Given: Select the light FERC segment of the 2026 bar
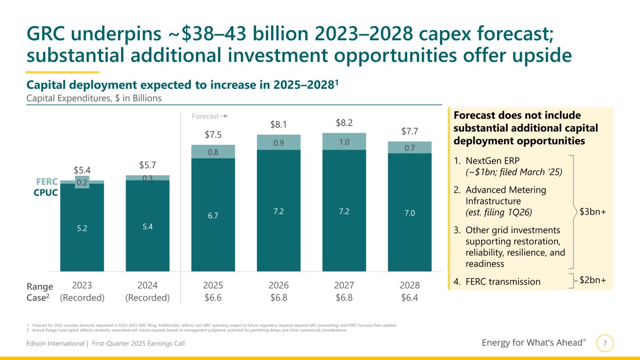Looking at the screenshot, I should (279, 142).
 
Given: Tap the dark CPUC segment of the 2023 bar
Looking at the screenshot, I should (82, 227).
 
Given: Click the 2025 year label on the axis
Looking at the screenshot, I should (213, 285).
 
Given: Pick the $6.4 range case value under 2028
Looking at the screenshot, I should (409, 298).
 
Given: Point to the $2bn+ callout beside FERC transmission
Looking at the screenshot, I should (593, 280).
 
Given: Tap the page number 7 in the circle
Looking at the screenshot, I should (605, 343).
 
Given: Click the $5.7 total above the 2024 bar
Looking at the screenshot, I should (148, 165).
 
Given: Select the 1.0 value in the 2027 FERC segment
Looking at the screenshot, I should (344, 141).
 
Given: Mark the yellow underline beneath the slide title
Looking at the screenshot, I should (62, 72).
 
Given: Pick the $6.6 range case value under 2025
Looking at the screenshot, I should (213, 298).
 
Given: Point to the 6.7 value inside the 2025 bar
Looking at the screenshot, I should (213, 215).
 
